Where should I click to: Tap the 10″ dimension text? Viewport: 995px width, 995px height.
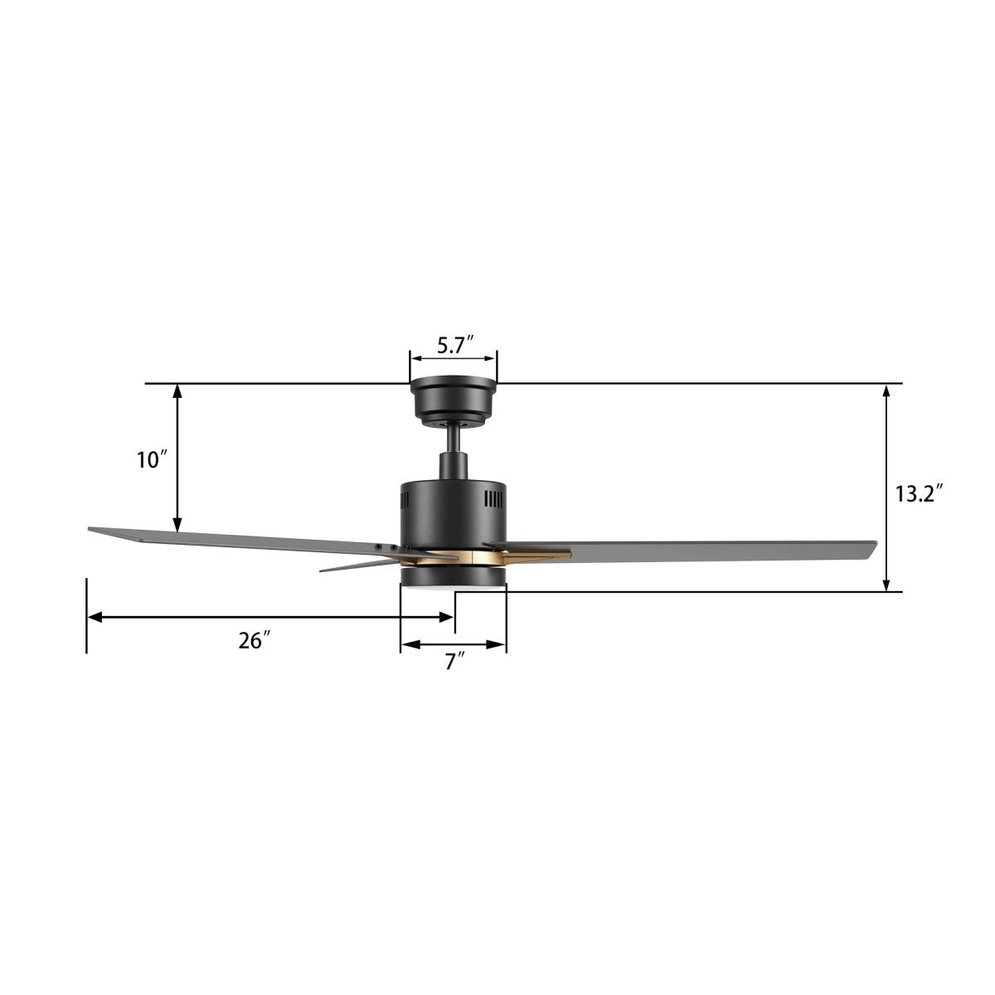coord(153,460)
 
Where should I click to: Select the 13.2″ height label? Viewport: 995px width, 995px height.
coord(920,494)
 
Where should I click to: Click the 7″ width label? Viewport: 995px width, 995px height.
coord(454,662)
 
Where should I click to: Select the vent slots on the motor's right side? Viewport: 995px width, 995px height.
coord(493,500)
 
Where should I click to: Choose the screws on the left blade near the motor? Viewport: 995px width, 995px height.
coord(386,546)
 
